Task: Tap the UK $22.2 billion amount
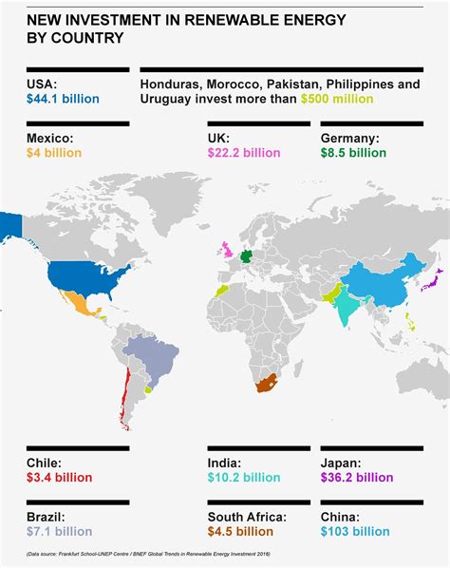243,152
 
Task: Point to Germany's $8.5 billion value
354,152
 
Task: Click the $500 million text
337,99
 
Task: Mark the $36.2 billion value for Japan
356,477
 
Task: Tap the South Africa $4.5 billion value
243,531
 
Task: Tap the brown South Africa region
269,383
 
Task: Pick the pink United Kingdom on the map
228,250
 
